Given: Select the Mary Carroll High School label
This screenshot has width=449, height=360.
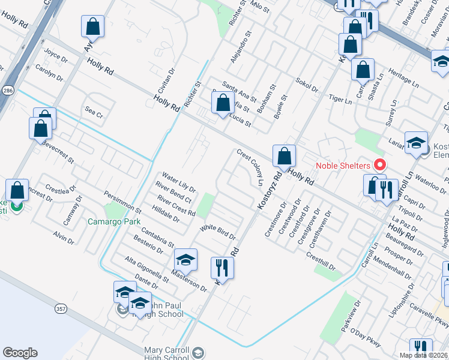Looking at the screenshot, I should pyautogui.click(x=167, y=354).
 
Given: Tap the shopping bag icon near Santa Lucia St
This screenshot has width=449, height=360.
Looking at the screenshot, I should pyautogui.click(x=223, y=103).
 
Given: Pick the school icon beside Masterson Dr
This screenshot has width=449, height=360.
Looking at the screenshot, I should pyautogui.click(x=186, y=260).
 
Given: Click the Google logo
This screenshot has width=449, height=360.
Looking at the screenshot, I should pyautogui.click(x=20, y=353).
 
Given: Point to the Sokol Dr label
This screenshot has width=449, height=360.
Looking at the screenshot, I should pyautogui.click(x=307, y=85).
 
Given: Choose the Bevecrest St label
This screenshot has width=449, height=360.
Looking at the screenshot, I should pyautogui.click(x=58, y=153).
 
